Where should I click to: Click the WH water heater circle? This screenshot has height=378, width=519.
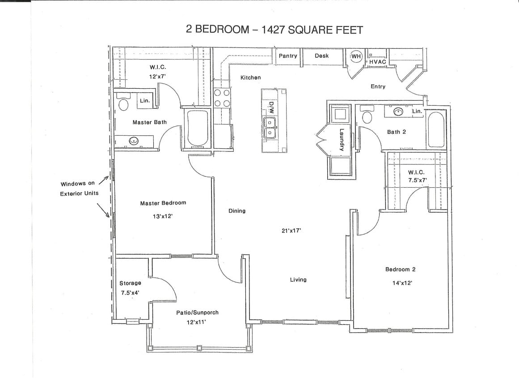coord(356,56)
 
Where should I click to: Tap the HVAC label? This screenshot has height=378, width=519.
coord(377,61)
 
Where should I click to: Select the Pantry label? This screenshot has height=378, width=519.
coord(288,56)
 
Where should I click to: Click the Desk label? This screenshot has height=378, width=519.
coord(321,56)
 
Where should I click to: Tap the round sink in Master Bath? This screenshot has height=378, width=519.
coord(133,141)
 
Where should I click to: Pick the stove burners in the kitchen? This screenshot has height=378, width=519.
coord(222,98)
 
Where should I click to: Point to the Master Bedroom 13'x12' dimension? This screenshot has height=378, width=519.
coord(163,216)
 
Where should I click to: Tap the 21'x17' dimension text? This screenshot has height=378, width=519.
coord(291,231)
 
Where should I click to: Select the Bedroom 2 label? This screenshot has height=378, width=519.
coord(400,269)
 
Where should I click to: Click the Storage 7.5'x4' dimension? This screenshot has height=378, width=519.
coord(130,293)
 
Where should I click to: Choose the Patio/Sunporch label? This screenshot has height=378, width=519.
coord(197,313)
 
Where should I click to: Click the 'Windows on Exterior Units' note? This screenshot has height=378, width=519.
coord(79,189)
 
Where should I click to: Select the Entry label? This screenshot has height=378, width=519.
coord(378,86)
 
